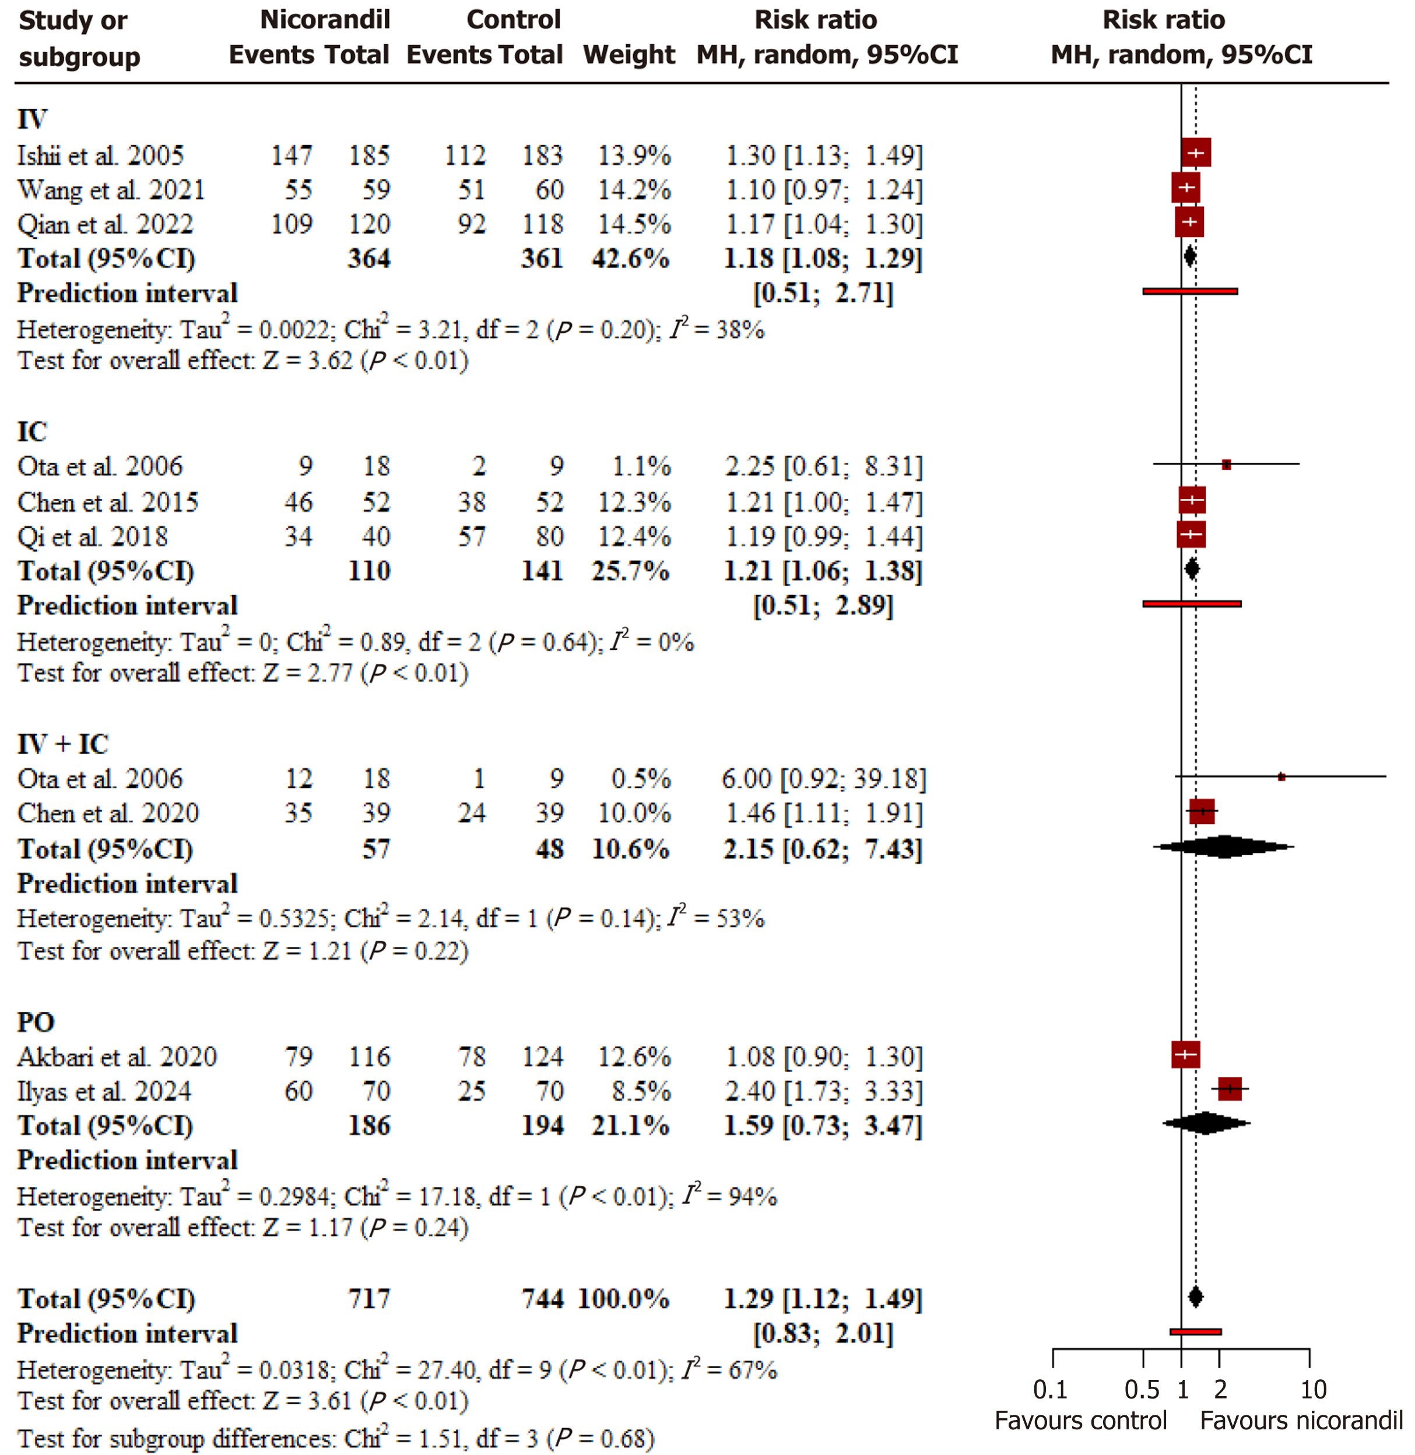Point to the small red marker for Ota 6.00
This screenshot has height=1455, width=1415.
[x=1281, y=777]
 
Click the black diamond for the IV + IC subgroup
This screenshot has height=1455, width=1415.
[x=1224, y=847]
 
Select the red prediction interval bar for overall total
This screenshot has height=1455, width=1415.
[x=1195, y=1331]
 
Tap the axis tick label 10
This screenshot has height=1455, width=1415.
[x=1312, y=1389]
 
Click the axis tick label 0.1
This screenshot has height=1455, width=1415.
[x=1049, y=1389]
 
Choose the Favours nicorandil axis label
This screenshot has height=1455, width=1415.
[x=1301, y=1421]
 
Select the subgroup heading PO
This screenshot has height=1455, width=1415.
[x=36, y=1022]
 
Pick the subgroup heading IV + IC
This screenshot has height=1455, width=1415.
[x=63, y=744]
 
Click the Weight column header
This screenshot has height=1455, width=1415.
[x=629, y=54]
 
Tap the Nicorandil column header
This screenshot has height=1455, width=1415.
[x=325, y=19]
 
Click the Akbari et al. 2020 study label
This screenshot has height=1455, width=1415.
[x=117, y=1056]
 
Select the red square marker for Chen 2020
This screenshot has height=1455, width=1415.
[x=1202, y=811]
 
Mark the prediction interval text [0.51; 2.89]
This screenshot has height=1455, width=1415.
[x=823, y=605]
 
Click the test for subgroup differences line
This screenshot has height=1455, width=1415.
[x=335, y=1438]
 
